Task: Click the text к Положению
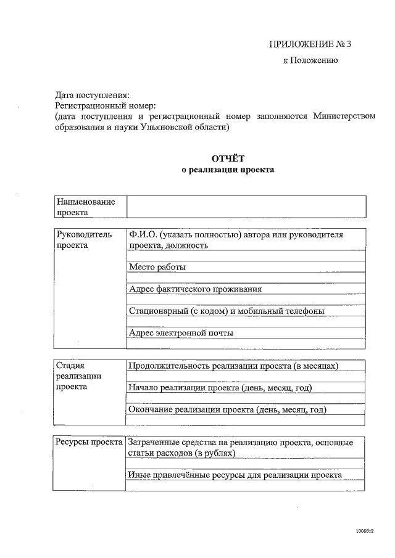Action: click(310, 60)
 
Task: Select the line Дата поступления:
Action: click(93, 96)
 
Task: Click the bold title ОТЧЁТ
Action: click(228, 158)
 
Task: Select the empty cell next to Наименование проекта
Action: click(246, 207)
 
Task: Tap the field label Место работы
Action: click(157, 267)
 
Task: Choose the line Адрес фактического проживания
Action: click(195, 289)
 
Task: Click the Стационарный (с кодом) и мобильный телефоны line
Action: click(227, 311)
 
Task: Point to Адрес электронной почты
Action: click(181, 333)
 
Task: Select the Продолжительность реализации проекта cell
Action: click(233, 366)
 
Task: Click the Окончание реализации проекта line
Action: click(227, 409)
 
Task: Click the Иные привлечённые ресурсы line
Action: click(235, 475)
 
